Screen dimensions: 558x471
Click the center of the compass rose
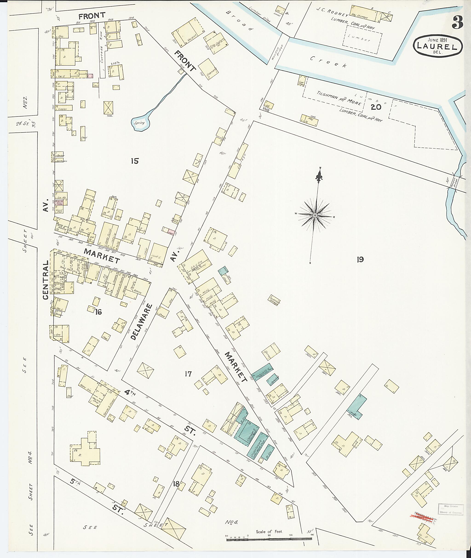pyautogui.click(x=315, y=215)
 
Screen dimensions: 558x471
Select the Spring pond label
pyautogui.click(x=139, y=123)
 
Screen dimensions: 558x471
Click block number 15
pyautogui.click(x=135, y=161)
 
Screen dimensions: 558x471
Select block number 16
pyautogui.click(x=98, y=312)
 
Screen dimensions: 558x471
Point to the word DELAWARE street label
pyautogui.click(x=141, y=322)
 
